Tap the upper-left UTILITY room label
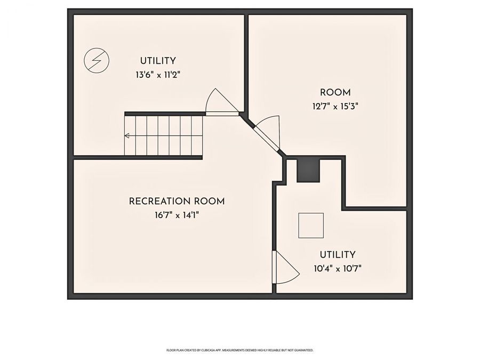tap(158, 61)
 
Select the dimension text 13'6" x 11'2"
tap(158, 75)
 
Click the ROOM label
tap(335, 92)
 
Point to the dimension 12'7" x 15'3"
tap(335, 106)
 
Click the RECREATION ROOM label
tap(177, 202)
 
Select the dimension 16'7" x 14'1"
tap(177, 215)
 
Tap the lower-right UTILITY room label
tap(338, 255)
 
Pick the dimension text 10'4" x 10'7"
tap(338, 268)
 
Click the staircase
tap(164, 135)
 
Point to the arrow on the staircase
tap(127, 136)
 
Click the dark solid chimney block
tap(308, 170)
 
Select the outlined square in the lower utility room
tap(310, 225)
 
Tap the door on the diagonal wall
tap(267, 131)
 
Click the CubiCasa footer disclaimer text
tap(240, 350)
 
